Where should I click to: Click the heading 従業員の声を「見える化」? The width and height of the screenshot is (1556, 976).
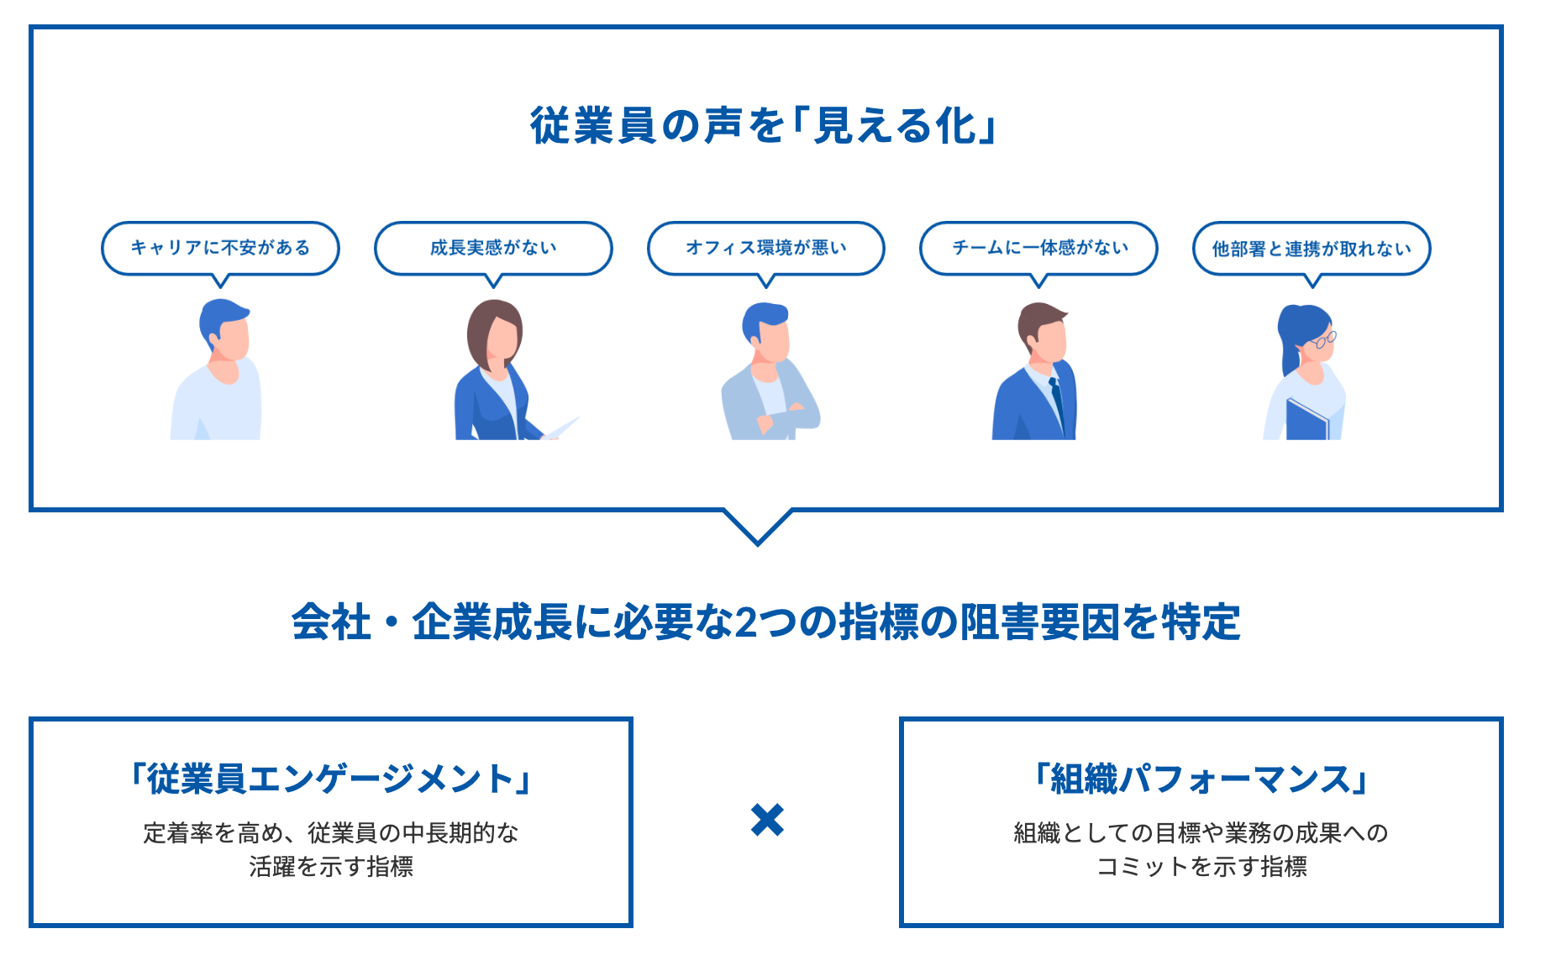(x=763, y=126)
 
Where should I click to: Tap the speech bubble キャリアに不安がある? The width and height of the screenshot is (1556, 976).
(x=220, y=249)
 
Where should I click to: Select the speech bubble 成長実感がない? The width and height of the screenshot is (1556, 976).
(x=493, y=249)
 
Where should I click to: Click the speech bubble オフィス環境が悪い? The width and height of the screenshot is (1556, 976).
(x=766, y=249)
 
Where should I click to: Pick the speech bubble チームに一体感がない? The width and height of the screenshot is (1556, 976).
(x=1038, y=249)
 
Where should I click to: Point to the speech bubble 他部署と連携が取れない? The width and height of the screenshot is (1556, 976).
(x=1312, y=249)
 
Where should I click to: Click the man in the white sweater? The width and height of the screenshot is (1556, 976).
(x=218, y=370)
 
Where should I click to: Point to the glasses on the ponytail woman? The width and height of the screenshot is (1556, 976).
(x=1323, y=340)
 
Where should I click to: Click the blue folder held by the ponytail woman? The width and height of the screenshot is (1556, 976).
(x=1306, y=420)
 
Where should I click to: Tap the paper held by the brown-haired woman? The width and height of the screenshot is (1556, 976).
(x=561, y=428)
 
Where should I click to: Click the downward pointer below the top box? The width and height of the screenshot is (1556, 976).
(x=758, y=527)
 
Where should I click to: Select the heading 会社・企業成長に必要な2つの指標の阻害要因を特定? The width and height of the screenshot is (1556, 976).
(x=765, y=622)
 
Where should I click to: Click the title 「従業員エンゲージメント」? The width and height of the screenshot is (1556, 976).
(x=331, y=779)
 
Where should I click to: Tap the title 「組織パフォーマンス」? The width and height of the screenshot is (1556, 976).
(x=1201, y=779)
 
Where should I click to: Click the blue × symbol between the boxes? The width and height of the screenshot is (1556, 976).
(x=767, y=820)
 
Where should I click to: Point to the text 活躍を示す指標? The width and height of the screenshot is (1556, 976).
(x=331, y=867)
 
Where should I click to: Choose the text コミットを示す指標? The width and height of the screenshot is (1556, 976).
(x=1201, y=867)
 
